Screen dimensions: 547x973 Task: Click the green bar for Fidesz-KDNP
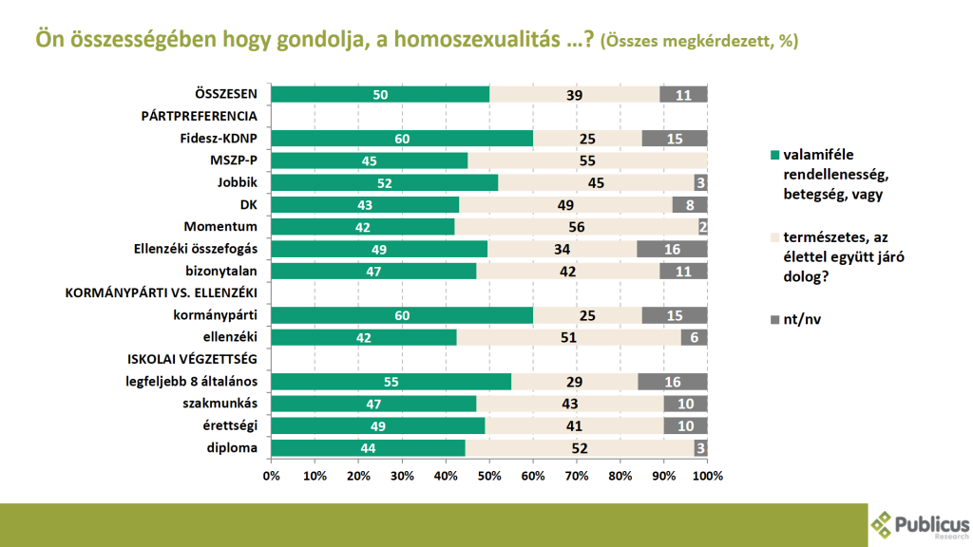coord(401,139)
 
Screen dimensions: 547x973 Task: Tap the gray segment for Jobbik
coord(700,183)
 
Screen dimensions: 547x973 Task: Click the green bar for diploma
coord(368,449)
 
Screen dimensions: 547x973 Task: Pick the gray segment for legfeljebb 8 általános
coord(673,382)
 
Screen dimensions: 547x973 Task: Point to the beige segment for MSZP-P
coord(587,160)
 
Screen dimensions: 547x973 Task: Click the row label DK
coord(250,205)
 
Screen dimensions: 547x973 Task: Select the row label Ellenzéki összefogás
coord(197,250)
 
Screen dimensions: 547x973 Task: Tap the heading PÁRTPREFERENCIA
coord(200,117)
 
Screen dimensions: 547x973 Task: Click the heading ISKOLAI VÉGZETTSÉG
coord(193,360)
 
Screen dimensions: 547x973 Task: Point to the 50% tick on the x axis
coord(489,475)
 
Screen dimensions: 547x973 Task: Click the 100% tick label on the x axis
coord(708,475)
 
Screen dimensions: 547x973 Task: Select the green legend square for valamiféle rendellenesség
coord(775,155)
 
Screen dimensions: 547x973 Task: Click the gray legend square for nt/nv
coord(775,320)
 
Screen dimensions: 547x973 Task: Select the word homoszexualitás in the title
coord(478,41)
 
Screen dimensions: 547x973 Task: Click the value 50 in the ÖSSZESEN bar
coord(380,94)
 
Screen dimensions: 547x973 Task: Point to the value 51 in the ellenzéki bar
coord(568,338)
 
